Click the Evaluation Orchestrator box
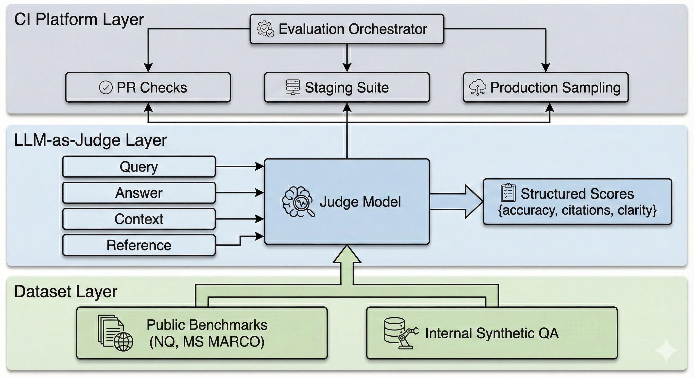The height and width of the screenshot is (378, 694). [347, 29]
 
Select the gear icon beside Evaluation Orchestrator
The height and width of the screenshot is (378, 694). [265, 29]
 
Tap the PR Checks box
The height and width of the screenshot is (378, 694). [148, 87]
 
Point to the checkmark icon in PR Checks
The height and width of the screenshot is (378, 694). [106, 87]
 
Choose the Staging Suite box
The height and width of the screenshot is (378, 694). [347, 87]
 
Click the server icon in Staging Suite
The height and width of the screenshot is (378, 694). [293, 87]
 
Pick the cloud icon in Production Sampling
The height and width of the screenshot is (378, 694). [477, 87]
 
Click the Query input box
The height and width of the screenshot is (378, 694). [139, 167]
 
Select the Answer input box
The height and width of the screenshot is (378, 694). [139, 193]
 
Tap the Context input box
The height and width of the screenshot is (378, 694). [139, 219]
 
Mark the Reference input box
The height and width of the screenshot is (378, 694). [139, 245]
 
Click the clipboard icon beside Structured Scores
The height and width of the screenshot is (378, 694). [508, 193]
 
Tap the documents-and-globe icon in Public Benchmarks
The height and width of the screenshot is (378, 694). [115, 333]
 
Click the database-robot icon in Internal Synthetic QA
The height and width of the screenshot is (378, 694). [401, 333]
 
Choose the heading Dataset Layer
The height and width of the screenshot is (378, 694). [66, 291]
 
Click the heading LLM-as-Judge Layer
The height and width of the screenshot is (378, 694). [90, 140]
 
